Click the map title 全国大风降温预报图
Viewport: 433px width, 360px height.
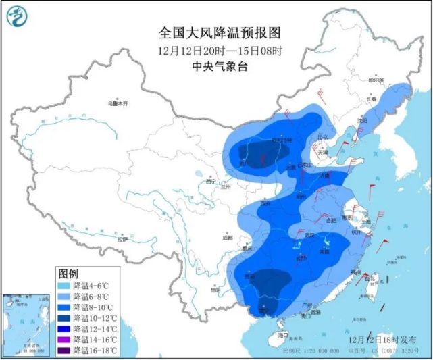[x=219, y=32]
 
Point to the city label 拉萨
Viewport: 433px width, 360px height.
[x=122, y=239]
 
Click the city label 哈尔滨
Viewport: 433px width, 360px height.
[x=376, y=80]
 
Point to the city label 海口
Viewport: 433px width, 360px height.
[x=283, y=335]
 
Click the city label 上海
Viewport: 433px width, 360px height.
[x=368, y=221]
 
